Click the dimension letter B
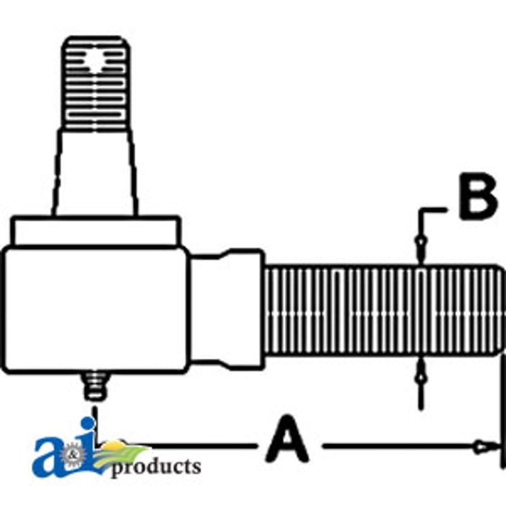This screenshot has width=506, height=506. [478, 197]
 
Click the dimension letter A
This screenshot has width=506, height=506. [287, 439]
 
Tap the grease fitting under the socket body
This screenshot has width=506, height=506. [96, 386]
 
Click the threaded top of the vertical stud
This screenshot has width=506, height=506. [96, 83]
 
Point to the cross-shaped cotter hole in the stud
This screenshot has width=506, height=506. [96, 62]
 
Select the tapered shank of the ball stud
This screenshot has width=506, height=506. [96, 173]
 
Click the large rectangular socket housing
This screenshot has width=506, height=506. [96, 310]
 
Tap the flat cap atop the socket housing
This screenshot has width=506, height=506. [96, 231]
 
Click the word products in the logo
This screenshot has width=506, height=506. [156, 467]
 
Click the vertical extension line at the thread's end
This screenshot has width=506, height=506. [502, 410]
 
